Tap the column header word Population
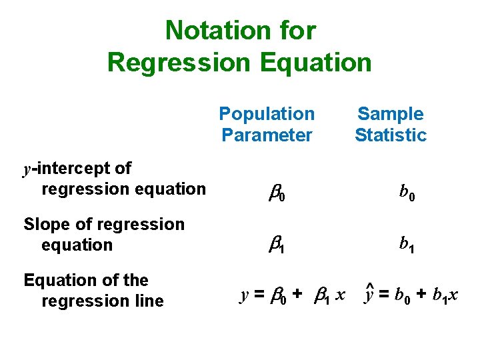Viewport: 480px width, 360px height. coord(267,114)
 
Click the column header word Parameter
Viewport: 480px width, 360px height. coord(267,135)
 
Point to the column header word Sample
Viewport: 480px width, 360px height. coord(390,114)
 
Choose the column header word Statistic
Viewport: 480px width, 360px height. coord(390,135)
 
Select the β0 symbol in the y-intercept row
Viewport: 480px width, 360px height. coord(277,194)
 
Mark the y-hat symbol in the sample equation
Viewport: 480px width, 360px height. coord(369,293)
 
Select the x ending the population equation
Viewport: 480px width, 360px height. coord(340,295)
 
